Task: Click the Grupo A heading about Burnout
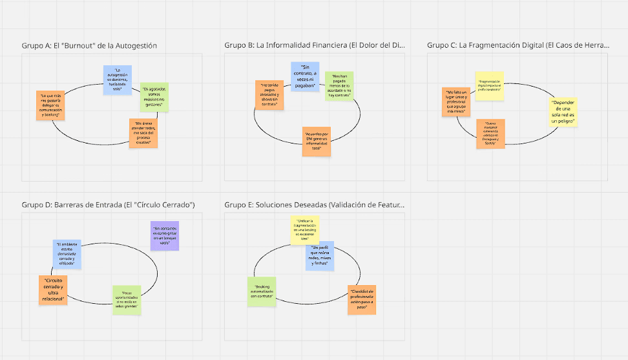click(89, 45)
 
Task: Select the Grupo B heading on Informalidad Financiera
click(315, 45)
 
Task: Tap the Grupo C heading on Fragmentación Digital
click(518, 45)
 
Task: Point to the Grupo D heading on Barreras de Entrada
click(108, 205)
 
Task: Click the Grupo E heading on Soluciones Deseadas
click(315, 205)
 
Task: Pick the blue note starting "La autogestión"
click(117, 80)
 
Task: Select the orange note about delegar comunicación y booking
click(50, 105)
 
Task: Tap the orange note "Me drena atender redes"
click(143, 133)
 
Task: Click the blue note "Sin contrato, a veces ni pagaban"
click(305, 77)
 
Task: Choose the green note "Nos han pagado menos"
click(339, 86)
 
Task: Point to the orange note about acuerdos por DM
click(317, 140)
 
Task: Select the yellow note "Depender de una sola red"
click(563, 112)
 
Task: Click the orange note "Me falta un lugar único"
click(456, 101)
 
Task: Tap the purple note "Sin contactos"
click(164, 236)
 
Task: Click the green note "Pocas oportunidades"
click(127, 300)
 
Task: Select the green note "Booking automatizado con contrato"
click(262, 291)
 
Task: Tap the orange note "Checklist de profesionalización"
click(362, 300)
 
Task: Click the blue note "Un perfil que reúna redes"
click(320, 255)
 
